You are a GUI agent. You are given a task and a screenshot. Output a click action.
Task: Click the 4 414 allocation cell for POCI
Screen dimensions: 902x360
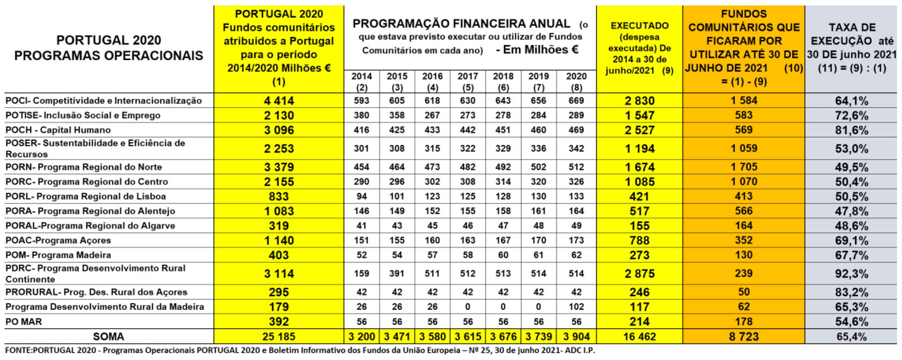point(279,101)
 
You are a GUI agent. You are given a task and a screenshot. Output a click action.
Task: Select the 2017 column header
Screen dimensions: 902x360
point(467,82)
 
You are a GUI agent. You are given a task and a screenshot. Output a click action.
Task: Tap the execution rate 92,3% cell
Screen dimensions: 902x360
point(851,274)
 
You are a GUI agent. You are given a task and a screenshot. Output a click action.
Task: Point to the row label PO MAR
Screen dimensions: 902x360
point(24,322)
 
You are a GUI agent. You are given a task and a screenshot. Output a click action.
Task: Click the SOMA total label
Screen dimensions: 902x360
point(108,337)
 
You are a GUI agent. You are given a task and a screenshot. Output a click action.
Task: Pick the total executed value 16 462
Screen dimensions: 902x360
point(639,337)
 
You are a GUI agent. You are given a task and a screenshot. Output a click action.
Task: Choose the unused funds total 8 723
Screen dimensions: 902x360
point(743,337)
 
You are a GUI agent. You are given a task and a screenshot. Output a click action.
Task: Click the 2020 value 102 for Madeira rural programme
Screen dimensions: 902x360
point(576,307)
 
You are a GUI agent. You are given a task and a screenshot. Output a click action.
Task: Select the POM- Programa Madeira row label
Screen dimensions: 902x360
point(58,255)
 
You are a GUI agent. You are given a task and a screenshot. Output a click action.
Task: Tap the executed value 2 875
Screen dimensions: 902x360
point(639,274)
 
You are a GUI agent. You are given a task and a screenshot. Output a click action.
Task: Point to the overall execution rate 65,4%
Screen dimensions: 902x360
point(851,337)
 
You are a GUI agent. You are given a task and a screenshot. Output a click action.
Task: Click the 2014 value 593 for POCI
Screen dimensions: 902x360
point(361,101)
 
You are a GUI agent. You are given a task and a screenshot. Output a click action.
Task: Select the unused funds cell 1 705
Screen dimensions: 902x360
point(743,167)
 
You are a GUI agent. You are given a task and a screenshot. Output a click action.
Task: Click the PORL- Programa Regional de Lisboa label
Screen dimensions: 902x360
point(86,196)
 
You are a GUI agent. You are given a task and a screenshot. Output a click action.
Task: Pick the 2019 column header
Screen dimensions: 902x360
point(538,82)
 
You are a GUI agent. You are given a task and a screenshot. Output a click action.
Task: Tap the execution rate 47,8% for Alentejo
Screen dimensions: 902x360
point(851,211)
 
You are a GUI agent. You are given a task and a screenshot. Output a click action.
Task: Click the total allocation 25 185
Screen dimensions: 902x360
point(279,337)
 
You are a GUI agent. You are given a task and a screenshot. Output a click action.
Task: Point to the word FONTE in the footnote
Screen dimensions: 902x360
point(18,351)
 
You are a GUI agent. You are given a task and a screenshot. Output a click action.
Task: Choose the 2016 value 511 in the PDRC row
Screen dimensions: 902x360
point(432,274)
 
